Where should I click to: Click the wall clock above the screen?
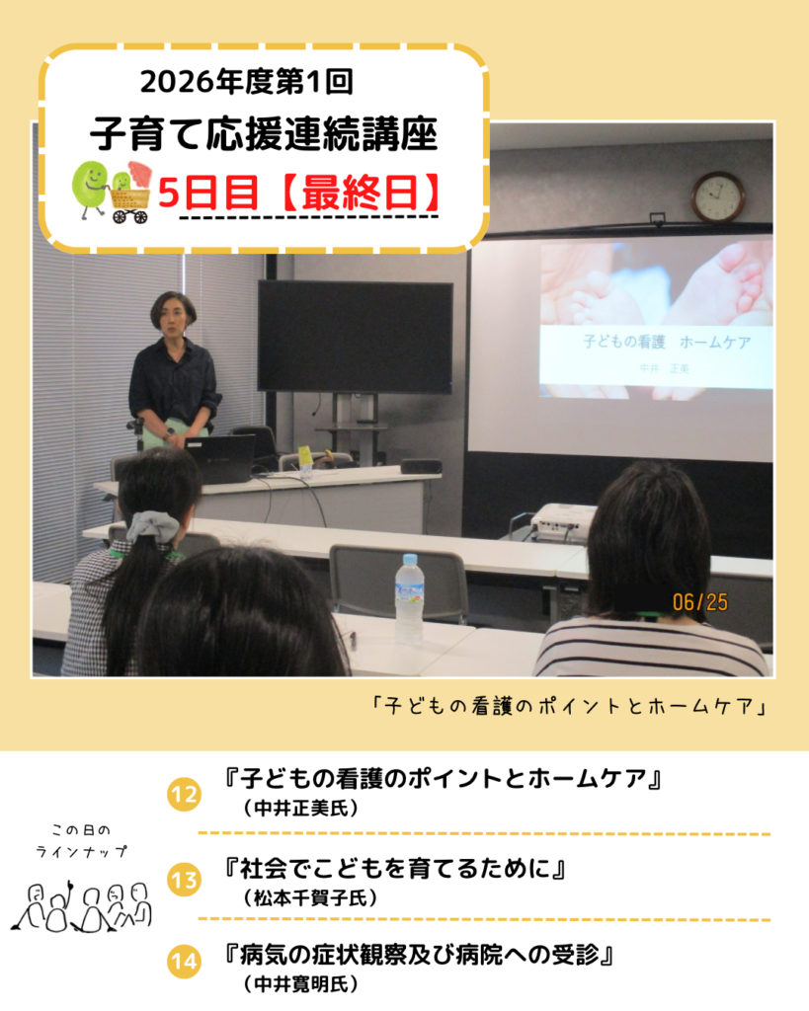click(718, 196)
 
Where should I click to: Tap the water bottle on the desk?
click(410, 598)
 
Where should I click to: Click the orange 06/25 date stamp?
click(700, 602)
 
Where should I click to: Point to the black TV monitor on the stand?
click(355, 337)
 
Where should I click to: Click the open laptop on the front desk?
click(219, 458)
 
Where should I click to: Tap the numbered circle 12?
click(184, 794)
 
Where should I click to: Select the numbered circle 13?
click(184, 880)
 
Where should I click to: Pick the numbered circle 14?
click(184, 962)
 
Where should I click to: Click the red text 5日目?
click(207, 193)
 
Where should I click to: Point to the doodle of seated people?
click(81, 906)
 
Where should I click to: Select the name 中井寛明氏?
click(300, 984)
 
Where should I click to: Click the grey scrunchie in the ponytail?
click(153, 526)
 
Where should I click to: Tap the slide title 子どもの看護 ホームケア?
click(667, 342)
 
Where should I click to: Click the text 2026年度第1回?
click(246, 82)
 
